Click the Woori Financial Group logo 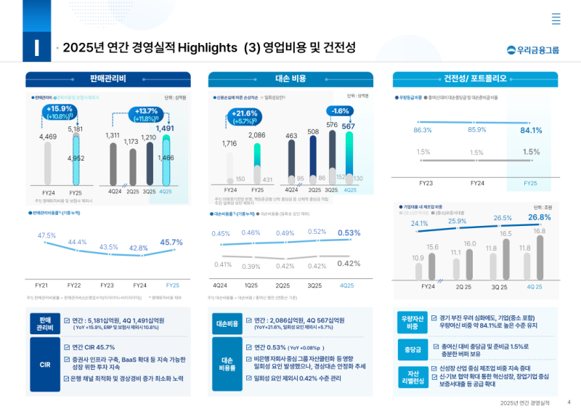(x=533, y=50)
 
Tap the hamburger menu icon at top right (x=556, y=19)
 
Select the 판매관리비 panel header (x=108, y=78)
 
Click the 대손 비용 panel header (x=290, y=78)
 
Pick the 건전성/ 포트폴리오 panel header (x=475, y=78)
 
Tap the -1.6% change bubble (x=340, y=111)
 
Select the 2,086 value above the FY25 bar (x=256, y=136)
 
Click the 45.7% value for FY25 (x=171, y=242)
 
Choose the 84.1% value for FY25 (x=530, y=130)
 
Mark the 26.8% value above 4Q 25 (x=539, y=217)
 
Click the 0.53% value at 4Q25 (x=349, y=232)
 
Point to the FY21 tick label (x=42, y=286)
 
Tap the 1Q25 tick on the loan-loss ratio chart (x=251, y=286)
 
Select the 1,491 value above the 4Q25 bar (x=165, y=129)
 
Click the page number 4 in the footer (x=569, y=402)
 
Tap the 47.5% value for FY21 (x=46, y=235)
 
